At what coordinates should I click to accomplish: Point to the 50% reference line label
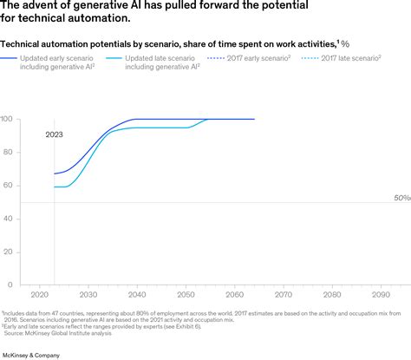[x=401, y=198]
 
